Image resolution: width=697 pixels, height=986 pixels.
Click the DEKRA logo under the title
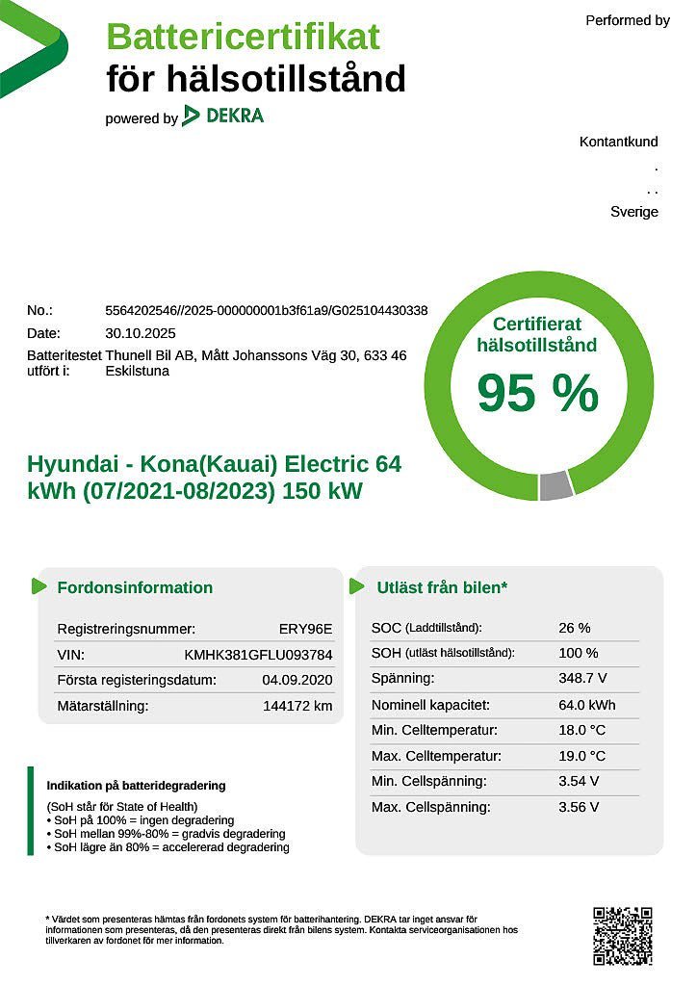pos(222,117)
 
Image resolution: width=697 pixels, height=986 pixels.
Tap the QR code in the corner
pos(622,935)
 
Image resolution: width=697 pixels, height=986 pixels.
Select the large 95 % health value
pos(537,393)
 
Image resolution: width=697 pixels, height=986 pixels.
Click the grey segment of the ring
pos(555,486)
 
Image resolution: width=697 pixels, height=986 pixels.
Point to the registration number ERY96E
pos(305,629)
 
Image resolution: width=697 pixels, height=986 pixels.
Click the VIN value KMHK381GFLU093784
pos(258,655)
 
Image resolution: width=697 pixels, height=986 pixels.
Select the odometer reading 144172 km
pos(297,706)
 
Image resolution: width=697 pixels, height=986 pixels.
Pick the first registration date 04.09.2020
pos(297,680)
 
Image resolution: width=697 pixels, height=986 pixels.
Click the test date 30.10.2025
pos(141,333)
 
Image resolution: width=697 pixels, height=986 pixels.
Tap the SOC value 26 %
pos(575,628)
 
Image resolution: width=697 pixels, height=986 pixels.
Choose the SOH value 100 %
pos(579,653)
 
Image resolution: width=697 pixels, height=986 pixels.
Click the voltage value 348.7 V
pos(582,679)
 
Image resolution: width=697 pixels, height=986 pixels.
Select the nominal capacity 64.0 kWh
pos(586,705)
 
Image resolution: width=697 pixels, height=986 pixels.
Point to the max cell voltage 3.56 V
pos(579,807)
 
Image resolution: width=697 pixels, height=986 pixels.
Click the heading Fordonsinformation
pos(135,587)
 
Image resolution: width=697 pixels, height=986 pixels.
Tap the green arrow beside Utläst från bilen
pos(356,586)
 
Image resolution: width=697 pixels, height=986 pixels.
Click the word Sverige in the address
pos(634,212)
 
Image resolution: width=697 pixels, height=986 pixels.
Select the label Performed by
pos(628,20)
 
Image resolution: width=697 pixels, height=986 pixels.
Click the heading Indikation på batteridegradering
pos(136,786)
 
